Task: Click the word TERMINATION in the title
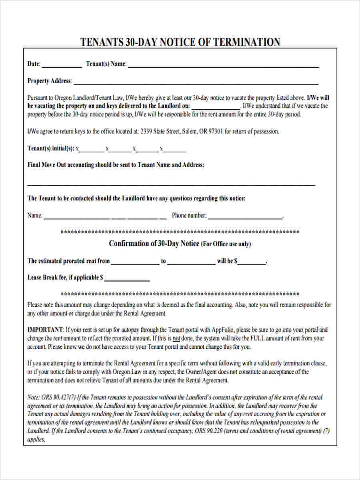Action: coord(247,42)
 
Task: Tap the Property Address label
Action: coord(49,81)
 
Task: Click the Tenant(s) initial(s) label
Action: coord(50,148)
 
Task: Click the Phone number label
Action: coord(189,216)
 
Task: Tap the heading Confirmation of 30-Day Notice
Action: coord(154,244)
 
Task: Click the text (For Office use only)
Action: coord(226,244)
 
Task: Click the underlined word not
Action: coord(176,338)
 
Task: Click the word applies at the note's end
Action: coord(36,439)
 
